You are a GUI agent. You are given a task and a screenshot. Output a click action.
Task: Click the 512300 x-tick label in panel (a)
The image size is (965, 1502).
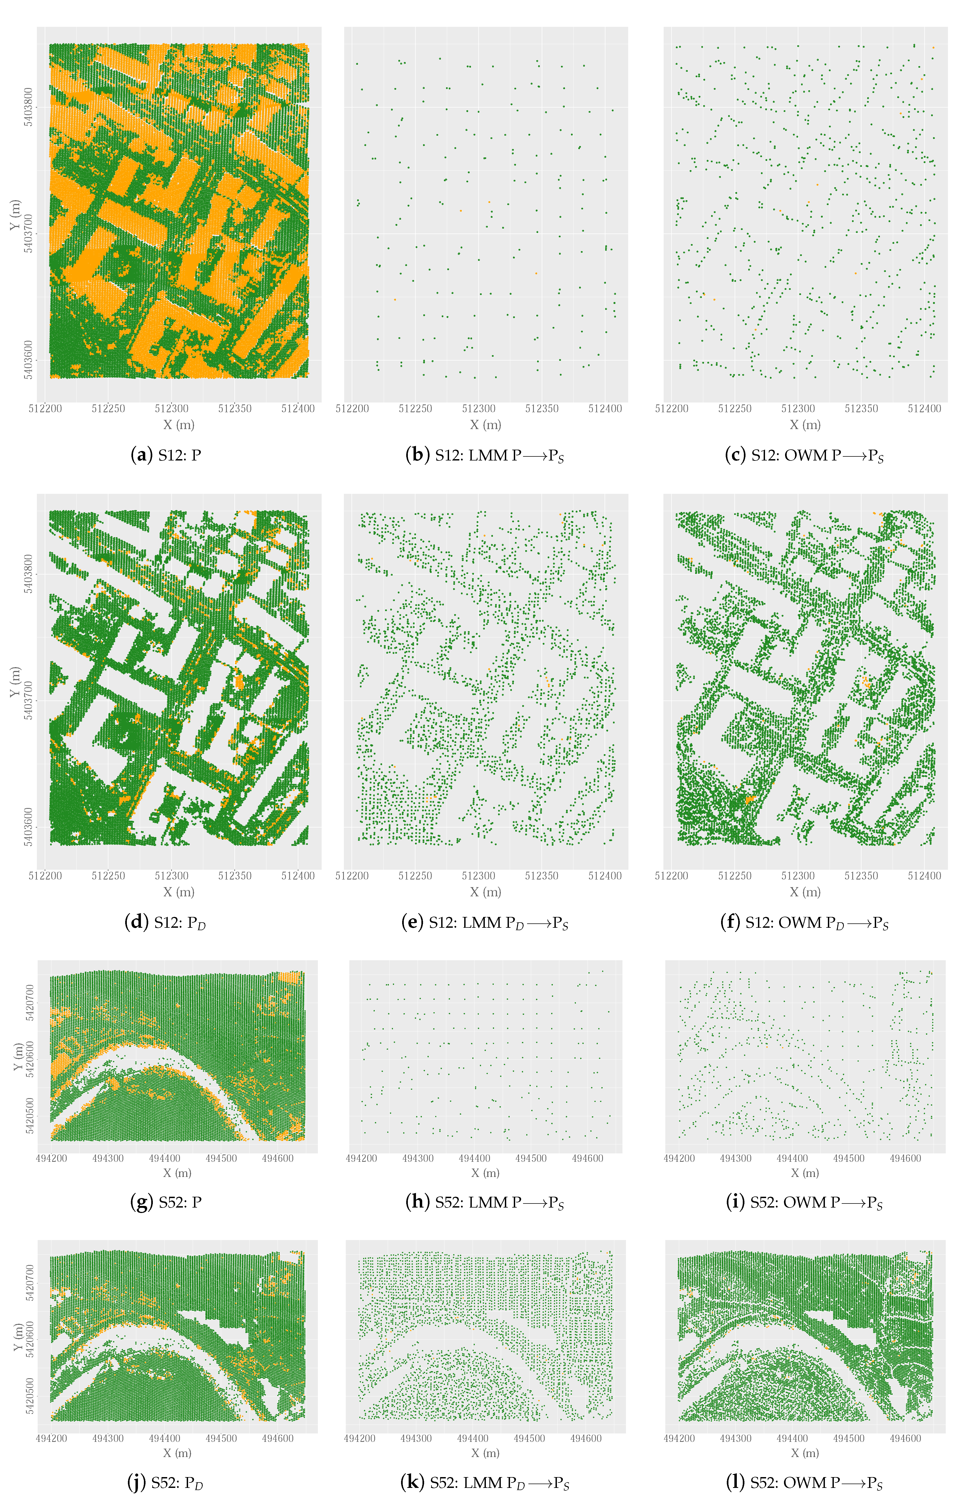pos(172,408)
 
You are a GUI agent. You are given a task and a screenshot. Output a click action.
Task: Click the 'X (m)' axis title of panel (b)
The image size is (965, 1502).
pos(486,425)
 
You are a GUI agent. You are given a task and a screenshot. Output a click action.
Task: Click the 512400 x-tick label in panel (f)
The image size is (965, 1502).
pos(924,876)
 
